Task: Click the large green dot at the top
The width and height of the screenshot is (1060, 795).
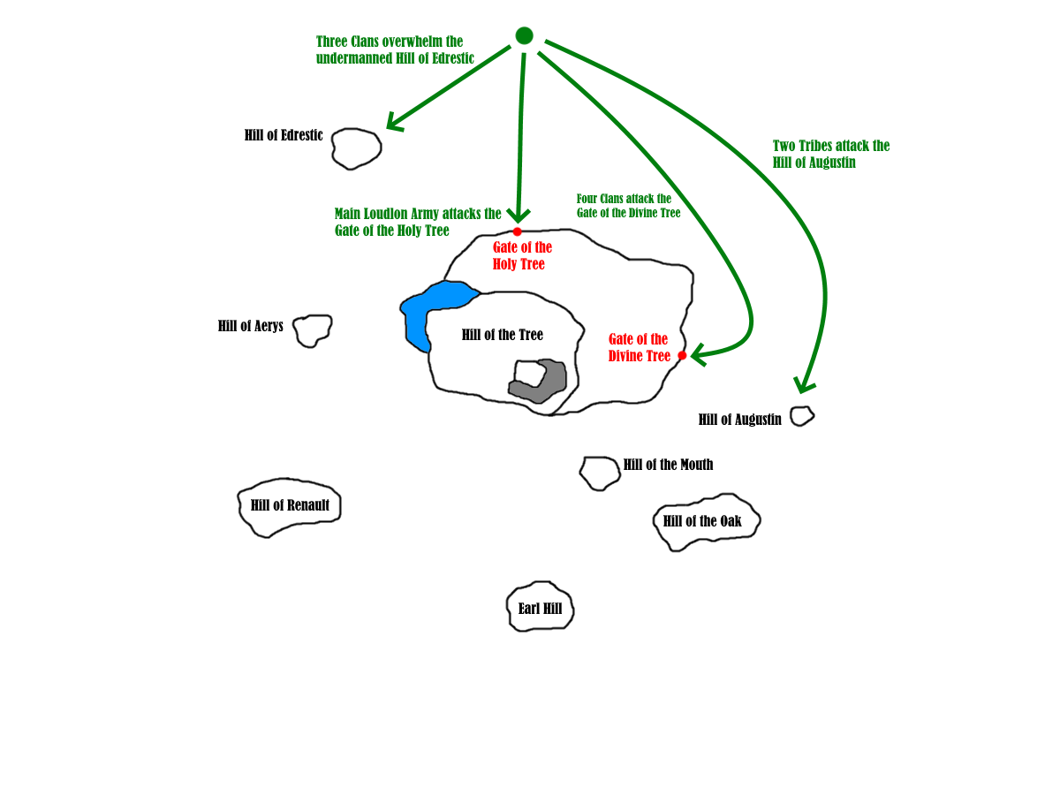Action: tap(524, 35)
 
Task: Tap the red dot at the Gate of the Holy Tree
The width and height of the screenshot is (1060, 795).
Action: tap(517, 231)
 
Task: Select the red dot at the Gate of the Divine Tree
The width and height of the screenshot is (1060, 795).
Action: tap(682, 355)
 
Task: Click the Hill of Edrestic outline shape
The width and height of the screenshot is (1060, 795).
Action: tap(357, 148)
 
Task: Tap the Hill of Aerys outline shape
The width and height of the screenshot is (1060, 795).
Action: tap(312, 329)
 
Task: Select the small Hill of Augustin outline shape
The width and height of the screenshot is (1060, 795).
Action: tap(801, 415)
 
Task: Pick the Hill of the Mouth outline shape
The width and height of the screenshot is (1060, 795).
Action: tap(600, 473)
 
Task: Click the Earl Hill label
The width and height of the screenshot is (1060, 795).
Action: tap(540, 609)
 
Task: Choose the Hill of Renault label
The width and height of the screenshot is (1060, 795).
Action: tap(290, 505)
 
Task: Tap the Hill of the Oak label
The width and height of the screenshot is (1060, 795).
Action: tap(702, 521)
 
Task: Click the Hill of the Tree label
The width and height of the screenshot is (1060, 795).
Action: tap(502, 335)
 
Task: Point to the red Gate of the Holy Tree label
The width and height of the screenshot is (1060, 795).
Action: tap(522, 255)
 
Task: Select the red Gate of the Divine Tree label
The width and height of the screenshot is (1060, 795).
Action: tap(639, 347)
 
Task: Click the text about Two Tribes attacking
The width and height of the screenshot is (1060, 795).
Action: tap(831, 154)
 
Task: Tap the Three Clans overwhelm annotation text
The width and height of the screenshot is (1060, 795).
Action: tap(395, 49)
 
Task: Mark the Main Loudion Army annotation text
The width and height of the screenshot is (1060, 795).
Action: tap(417, 222)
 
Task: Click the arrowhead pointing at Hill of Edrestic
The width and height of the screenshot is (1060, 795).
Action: tap(393, 125)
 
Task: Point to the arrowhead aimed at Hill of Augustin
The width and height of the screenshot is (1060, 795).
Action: tap(803, 385)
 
